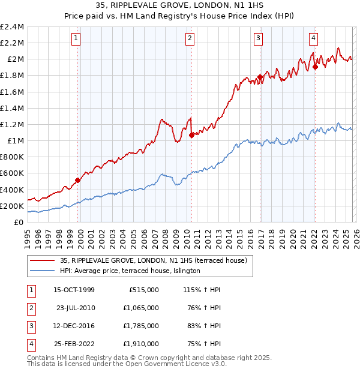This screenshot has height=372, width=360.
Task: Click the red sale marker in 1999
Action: point(77,180)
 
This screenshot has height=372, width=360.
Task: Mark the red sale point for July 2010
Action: point(191,135)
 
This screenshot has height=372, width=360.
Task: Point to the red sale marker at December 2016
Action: point(260,77)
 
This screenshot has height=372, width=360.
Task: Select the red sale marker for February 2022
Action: point(315,67)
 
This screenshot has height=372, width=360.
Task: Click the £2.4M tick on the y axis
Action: point(12,27)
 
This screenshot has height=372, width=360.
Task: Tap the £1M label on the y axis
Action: point(16,141)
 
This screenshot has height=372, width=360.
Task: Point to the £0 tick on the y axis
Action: point(19,222)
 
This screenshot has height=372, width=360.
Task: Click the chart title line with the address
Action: point(180,7)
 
